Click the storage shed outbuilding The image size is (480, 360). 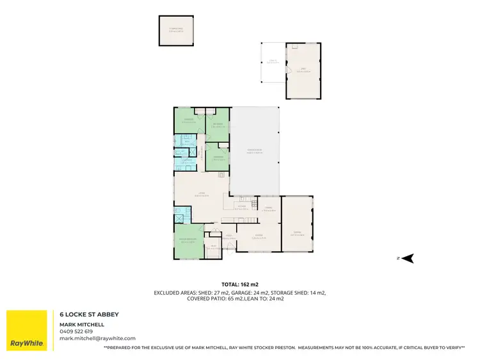point(176,30)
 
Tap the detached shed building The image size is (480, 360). point(303,70)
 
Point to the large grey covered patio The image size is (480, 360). point(255,150)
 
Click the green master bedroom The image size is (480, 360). point(188,241)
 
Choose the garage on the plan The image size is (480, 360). point(298,232)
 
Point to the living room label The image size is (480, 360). point(200,194)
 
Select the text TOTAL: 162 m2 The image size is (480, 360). point(239,284)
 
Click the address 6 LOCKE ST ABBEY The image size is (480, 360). point(89,315)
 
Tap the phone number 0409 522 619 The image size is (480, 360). point(76,331)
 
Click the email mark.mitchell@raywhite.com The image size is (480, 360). point(97,338)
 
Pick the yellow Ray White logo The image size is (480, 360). point(27,331)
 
